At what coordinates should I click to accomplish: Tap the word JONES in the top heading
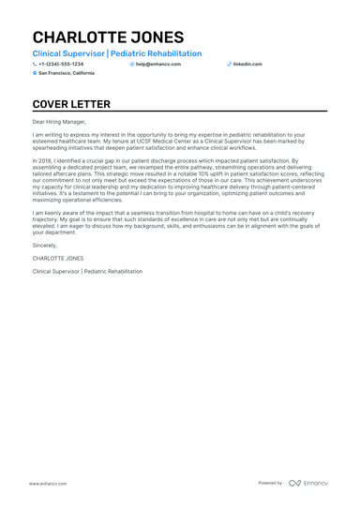pos(156,37)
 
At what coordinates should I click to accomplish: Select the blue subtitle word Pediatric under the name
pos(141,54)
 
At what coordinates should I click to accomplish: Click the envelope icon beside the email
pos(132,64)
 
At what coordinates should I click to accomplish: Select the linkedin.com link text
pos(247,64)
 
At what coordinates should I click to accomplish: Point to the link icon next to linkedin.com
pos(229,64)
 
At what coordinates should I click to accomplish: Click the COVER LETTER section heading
pos(71,104)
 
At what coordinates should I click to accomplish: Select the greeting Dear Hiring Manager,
pos(58,121)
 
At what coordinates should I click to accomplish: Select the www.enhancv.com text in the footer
pos(47,483)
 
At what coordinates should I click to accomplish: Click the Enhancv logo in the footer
pos(308,483)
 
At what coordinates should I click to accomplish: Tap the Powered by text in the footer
pos(270,483)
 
